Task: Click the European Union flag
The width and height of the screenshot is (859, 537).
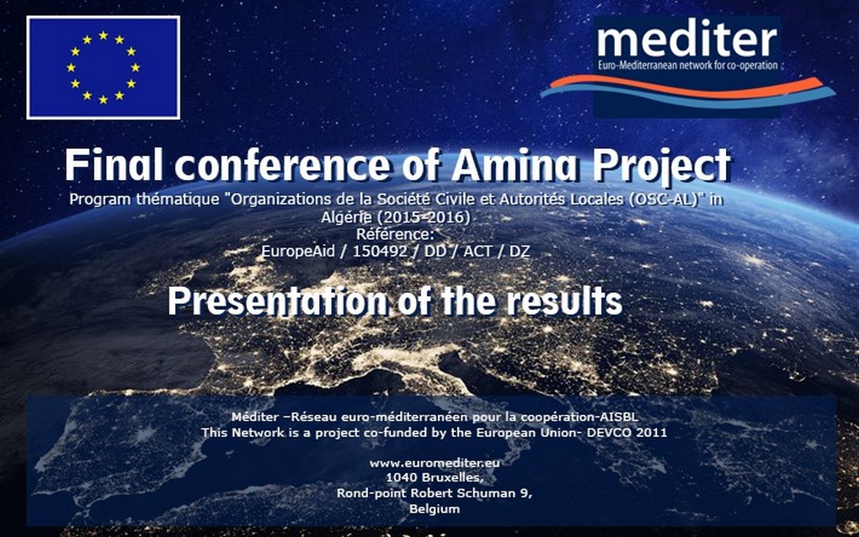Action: coord(103,67)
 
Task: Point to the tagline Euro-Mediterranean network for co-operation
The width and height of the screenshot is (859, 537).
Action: coord(687,66)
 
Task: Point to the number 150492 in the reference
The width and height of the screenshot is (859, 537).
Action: coord(380,252)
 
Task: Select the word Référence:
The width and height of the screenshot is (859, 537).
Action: coord(395,234)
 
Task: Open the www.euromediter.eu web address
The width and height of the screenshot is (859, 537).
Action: coord(435,463)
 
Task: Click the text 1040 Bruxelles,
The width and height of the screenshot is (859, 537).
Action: coord(435,477)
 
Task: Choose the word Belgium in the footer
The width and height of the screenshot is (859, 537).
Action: coord(435,508)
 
